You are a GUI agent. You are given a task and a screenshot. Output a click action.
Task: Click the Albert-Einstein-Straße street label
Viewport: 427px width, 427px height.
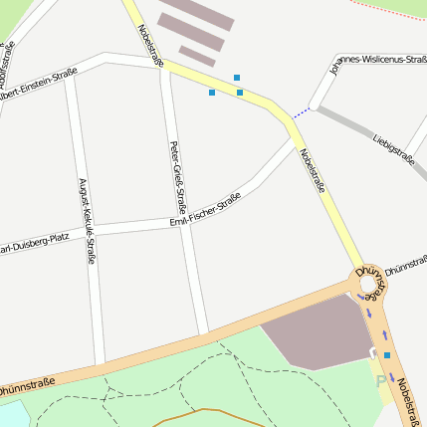click(x=38, y=79)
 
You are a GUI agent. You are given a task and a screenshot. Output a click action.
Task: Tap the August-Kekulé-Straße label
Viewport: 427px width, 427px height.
click(x=87, y=220)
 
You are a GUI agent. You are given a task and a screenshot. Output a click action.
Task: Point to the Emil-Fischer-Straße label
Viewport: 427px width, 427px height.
click(x=206, y=213)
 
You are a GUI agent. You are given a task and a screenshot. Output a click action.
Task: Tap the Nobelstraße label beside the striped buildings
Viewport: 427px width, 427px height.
click(x=150, y=46)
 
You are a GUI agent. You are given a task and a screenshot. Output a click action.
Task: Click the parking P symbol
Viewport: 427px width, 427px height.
click(x=380, y=380)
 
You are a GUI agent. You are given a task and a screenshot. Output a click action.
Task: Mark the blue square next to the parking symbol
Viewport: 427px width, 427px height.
click(x=387, y=354)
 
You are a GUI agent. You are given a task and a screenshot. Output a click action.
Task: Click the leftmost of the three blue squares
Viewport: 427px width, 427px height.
click(x=212, y=93)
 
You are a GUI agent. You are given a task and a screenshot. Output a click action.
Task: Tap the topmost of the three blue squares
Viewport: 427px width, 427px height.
click(x=237, y=77)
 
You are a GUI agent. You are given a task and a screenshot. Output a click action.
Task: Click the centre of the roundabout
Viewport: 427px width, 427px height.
click(x=370, y=283)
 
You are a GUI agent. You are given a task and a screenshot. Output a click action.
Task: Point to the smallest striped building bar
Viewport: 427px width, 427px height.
click(x=196, y=57)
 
